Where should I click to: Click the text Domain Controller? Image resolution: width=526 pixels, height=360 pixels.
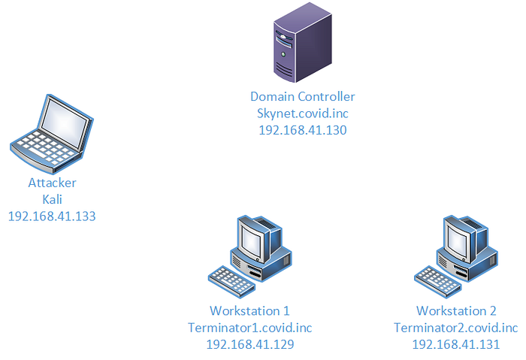coord(302,97)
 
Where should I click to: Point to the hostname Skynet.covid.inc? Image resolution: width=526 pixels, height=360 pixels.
coord(302,113)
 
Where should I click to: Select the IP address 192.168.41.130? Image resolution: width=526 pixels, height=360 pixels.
coord(302,130)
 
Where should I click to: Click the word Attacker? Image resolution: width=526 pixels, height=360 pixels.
coord(52,183)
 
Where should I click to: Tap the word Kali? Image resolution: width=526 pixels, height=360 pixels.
coord(52,199)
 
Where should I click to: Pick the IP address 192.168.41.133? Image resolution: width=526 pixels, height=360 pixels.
coord(52,216)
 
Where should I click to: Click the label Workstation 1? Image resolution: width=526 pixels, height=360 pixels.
coord(249,310)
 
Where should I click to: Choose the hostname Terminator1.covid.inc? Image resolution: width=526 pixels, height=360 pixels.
coord(249,328)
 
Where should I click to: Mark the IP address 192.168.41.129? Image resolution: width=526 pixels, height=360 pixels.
coord(249,344)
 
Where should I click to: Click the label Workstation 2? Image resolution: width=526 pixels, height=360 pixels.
coord(456,310)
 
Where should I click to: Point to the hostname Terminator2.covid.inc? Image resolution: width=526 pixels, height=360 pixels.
coord(456,328)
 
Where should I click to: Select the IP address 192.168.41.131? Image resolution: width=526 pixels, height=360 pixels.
coord(456,344)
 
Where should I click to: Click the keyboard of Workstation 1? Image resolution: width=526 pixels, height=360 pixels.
coord(228,280)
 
